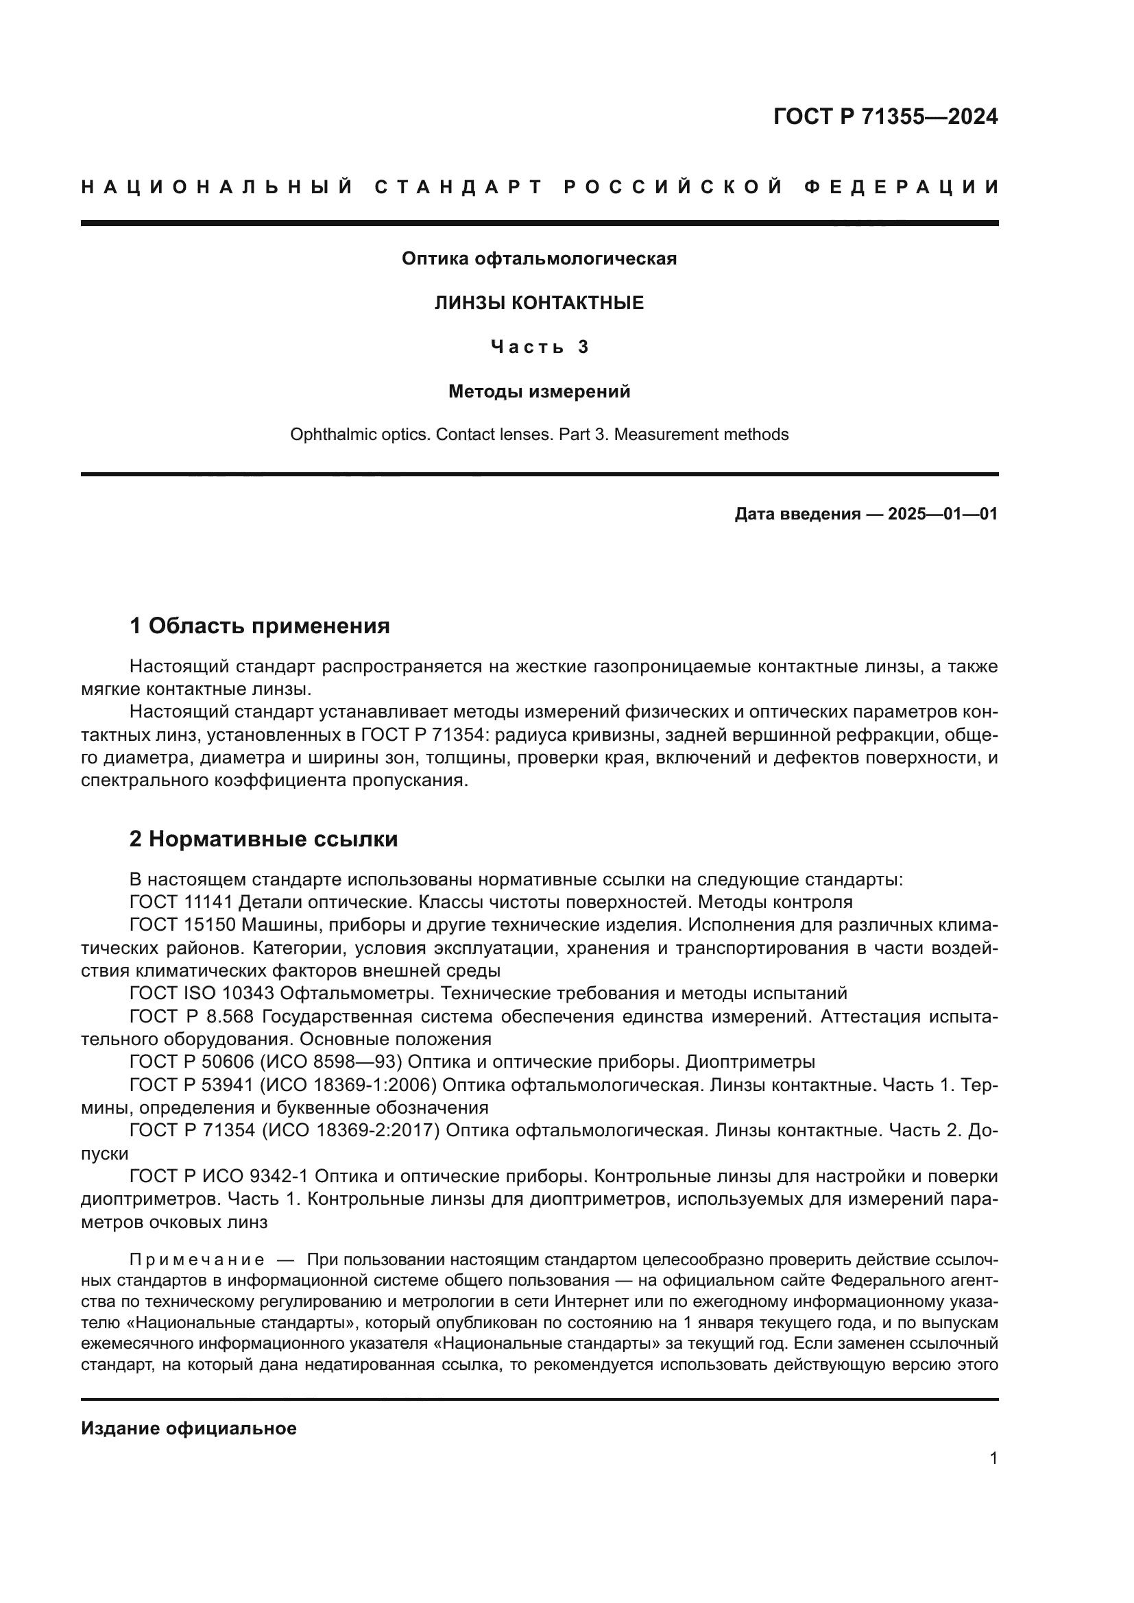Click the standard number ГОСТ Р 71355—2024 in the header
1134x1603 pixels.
click(885, 117)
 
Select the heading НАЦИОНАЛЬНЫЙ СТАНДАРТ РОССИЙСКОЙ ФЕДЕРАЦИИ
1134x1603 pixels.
click(540, 187)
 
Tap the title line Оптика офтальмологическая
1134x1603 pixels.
click(539, 259)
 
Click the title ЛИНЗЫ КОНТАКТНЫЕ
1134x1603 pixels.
click(539, 303)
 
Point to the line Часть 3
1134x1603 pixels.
click(539, 347)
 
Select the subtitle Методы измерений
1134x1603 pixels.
click(539, 392)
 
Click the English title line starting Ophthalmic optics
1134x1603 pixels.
click(539, 435)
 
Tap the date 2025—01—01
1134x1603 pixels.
click(943, 515)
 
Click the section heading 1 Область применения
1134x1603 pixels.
click(260, 626)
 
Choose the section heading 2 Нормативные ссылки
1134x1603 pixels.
click(264, 838)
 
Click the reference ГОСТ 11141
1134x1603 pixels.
click(182, 902)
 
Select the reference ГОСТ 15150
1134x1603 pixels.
click(182, 925)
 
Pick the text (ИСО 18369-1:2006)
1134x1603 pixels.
click(350, 1085)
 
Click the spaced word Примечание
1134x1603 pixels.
click(197, 1260)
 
